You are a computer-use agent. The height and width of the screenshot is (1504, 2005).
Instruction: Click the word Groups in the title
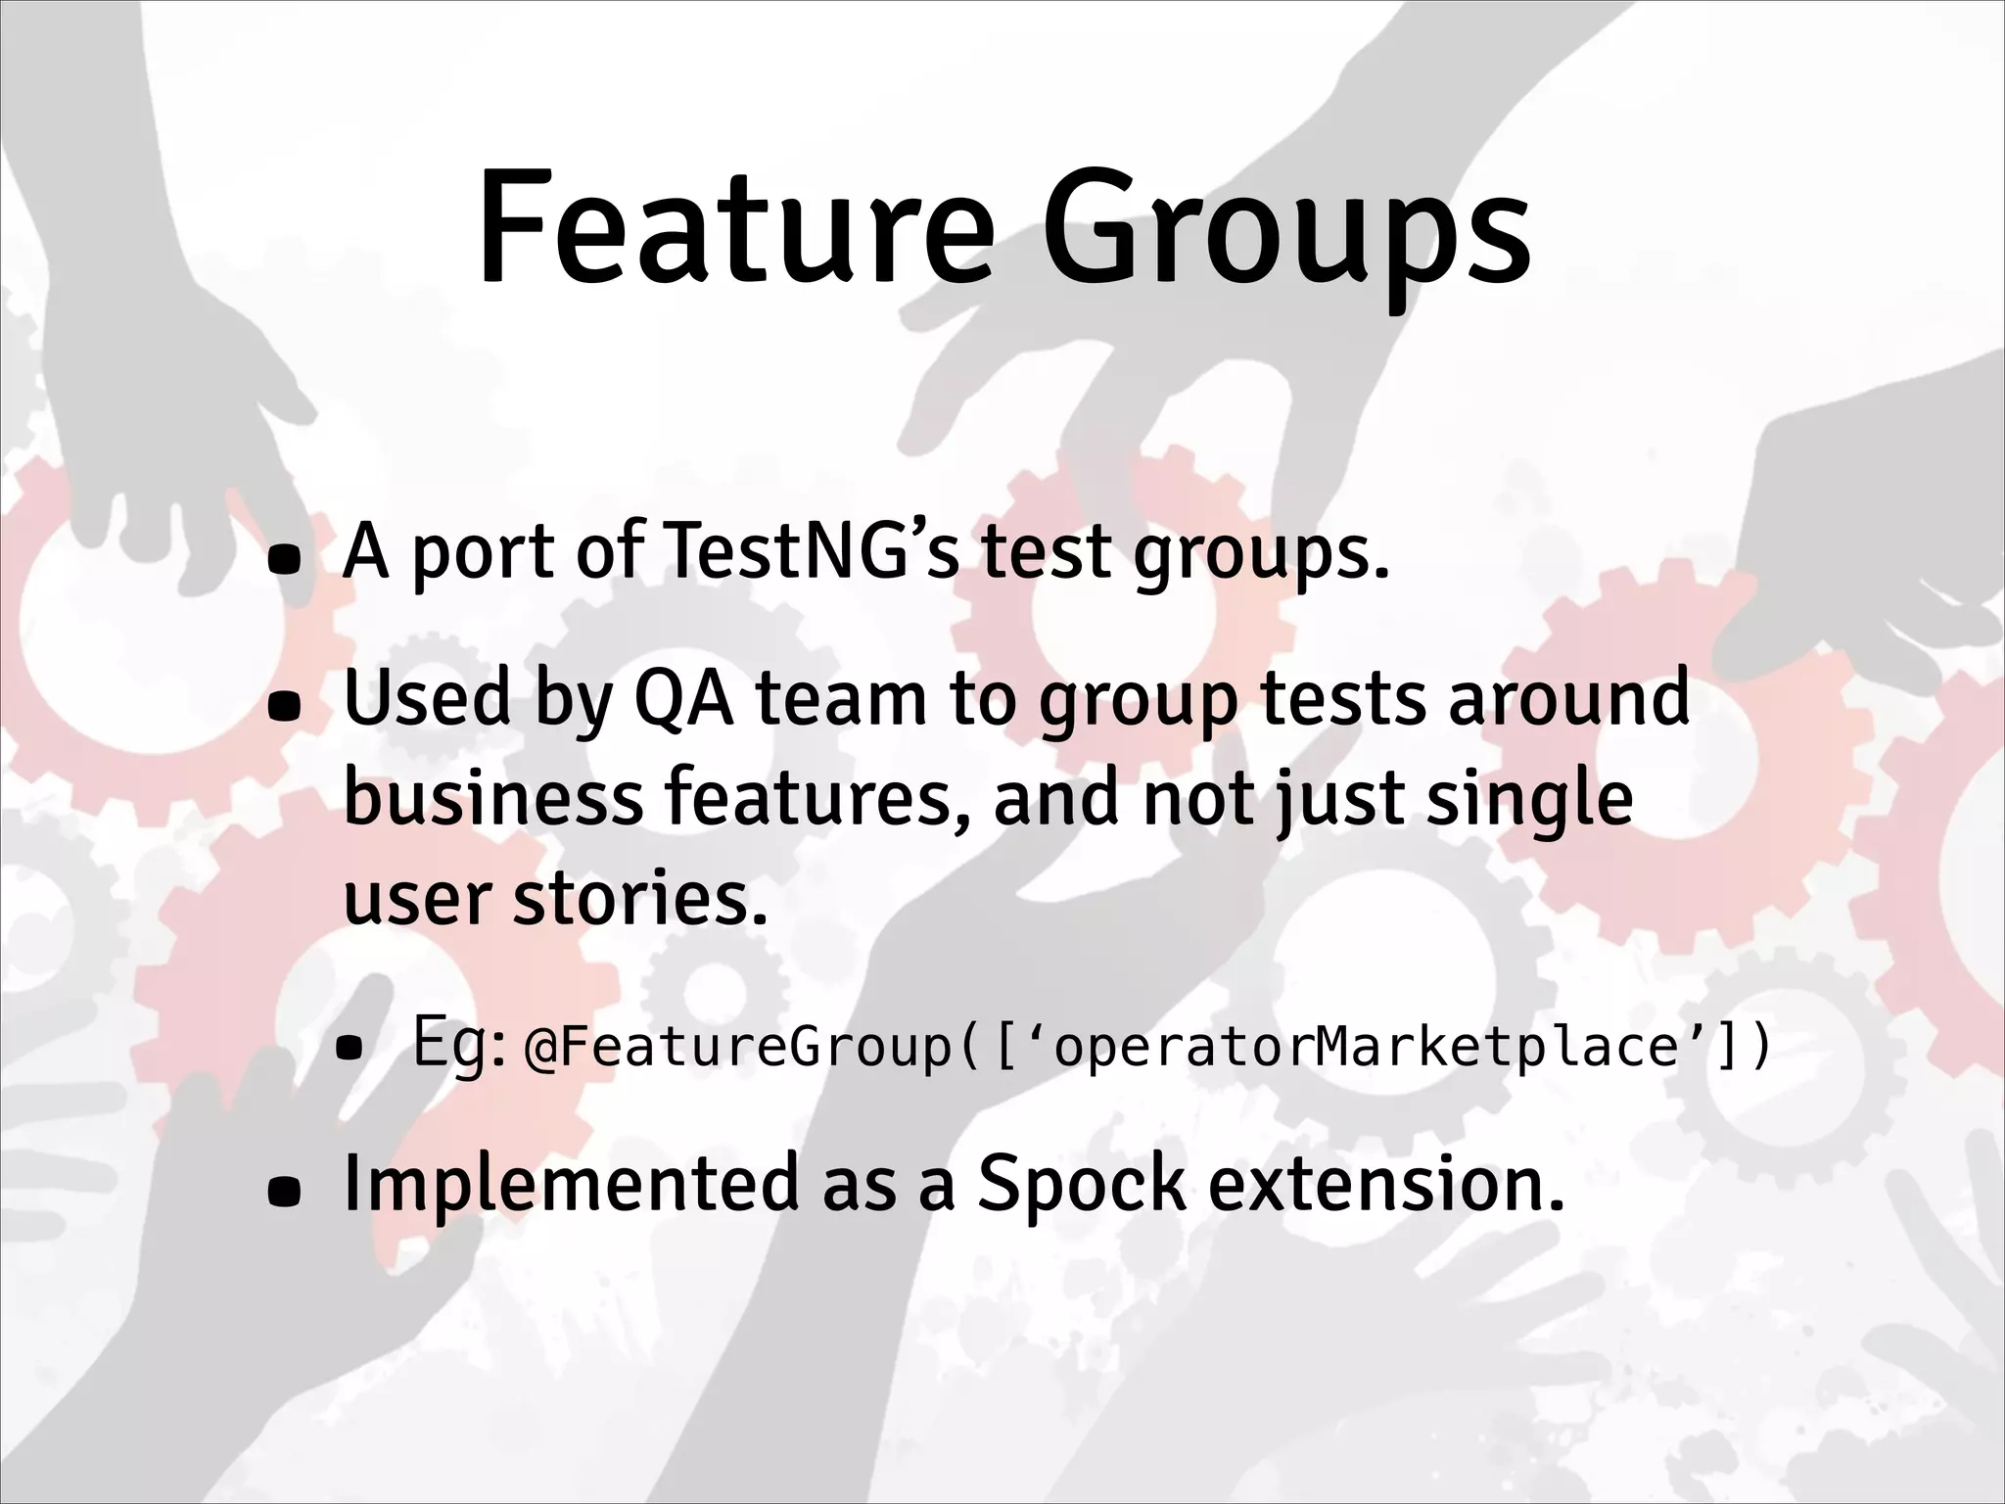pyautogui.click(x=1283, y=235)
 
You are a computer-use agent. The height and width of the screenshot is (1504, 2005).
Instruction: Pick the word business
pyautogui.click(x=493, y=798)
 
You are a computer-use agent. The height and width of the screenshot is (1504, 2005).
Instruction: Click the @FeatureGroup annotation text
pyautogui.click(x=738, y=1048)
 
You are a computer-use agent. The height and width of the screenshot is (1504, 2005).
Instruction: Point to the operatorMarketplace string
pyautogui.click(x=1367, y=1048)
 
